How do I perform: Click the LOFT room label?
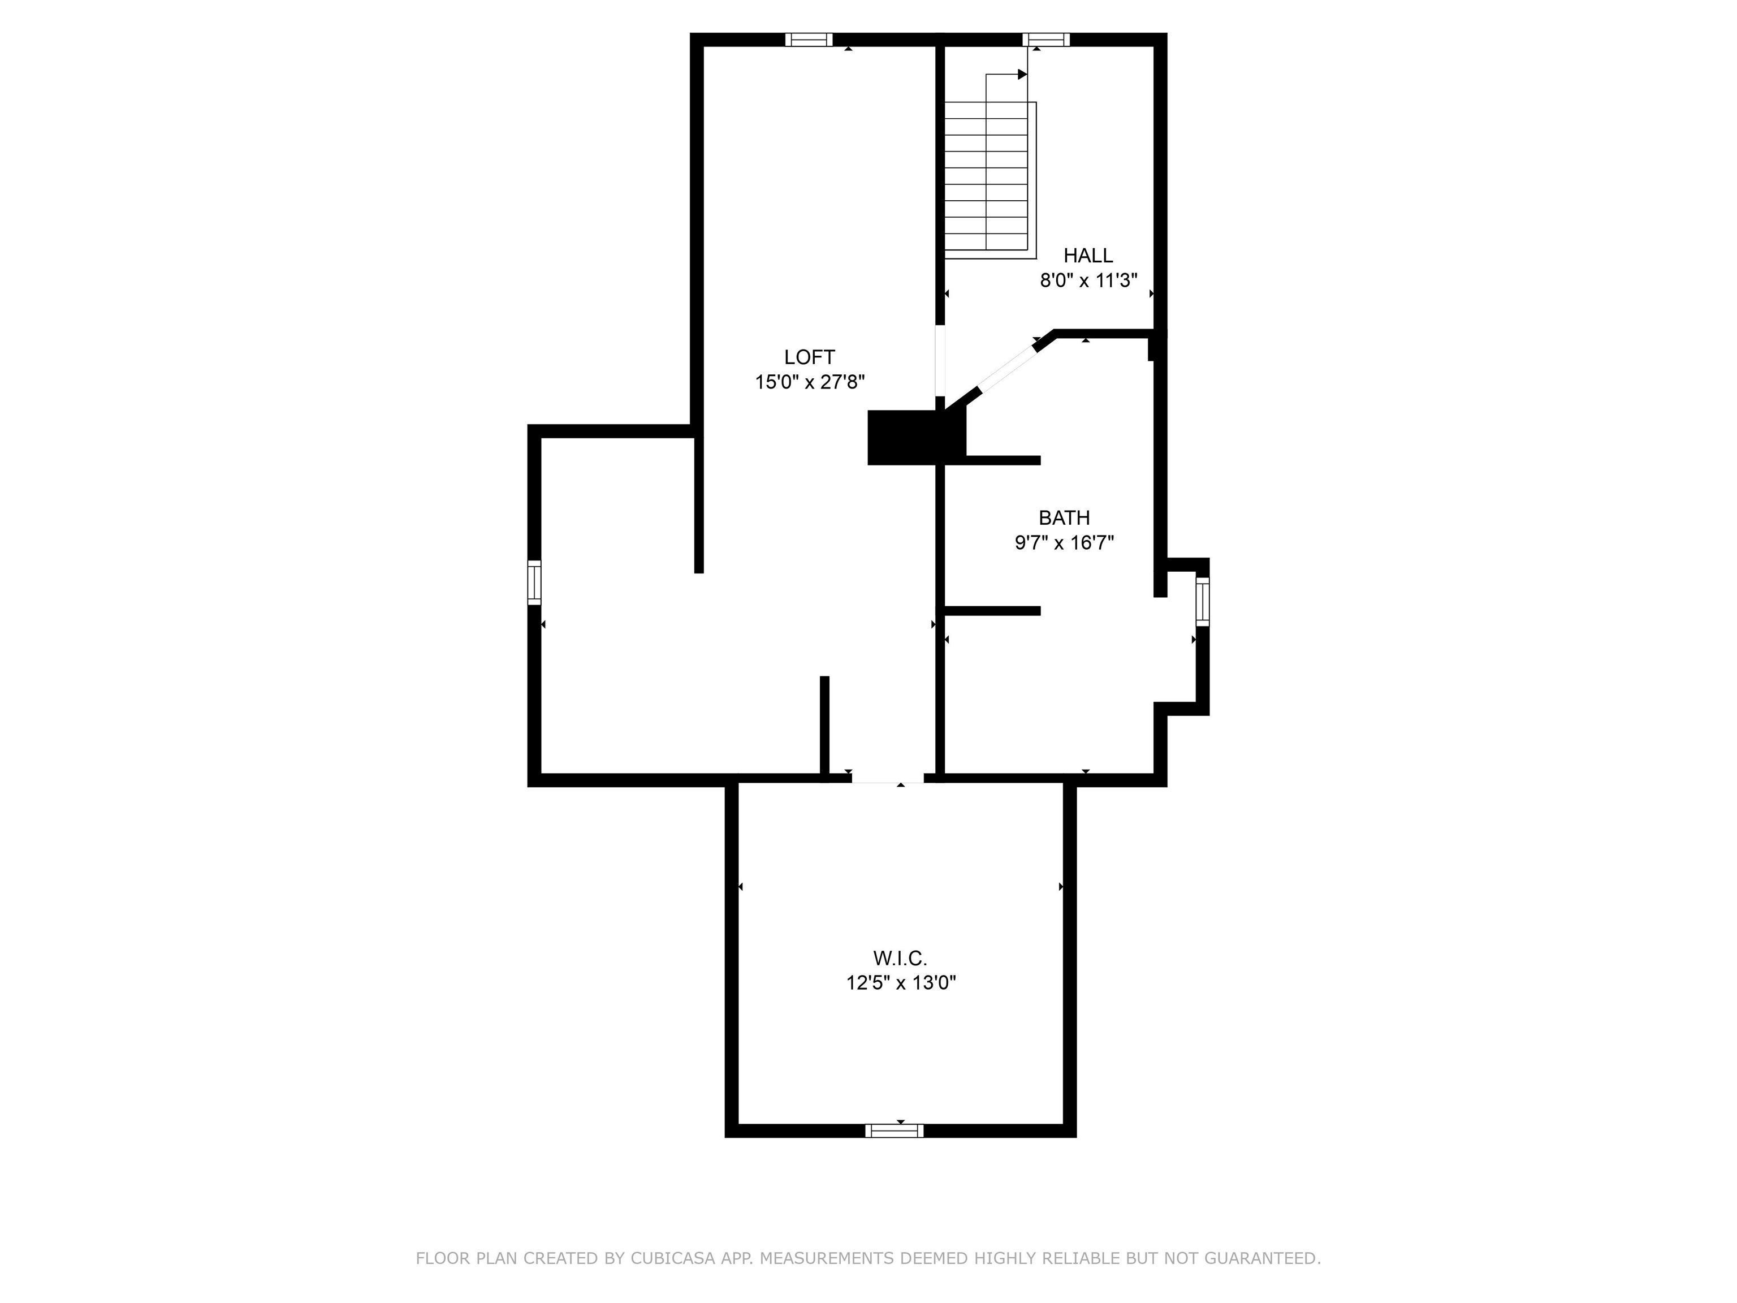click(810, 357)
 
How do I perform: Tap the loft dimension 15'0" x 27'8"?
click(810, 382)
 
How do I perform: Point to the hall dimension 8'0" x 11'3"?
click(1088, 281)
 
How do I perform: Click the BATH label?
click(1064, 517)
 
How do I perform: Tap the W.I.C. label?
click(900, 958)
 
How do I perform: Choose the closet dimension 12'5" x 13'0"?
click(901, 982)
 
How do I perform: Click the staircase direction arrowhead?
click(1022, 75)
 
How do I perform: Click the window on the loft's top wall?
click(809, 39)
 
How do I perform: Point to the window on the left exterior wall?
click(534, 583)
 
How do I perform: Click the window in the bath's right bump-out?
click(1202, 602)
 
